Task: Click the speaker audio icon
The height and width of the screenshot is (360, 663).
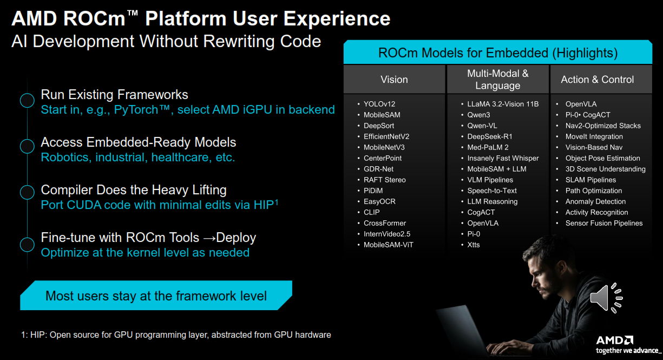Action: (606, 298)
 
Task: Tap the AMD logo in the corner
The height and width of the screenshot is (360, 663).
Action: (614, 340)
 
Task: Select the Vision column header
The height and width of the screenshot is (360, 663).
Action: (394, 80)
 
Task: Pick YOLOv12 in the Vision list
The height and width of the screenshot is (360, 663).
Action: (379, 104)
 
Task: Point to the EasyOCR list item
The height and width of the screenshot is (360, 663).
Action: (379, 201)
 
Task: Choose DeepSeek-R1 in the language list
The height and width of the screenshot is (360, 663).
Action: (490, 136)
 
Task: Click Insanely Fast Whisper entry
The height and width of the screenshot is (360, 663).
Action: (503, 158)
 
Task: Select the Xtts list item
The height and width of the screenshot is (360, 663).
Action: (473, 245)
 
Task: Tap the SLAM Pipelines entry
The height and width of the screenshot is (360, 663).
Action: (590, 180)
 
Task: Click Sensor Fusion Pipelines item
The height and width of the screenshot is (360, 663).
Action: (604, 223)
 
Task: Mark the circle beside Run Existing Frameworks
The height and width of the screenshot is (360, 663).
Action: (27, 100)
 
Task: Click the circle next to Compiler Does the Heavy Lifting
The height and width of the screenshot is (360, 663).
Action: (27, 192)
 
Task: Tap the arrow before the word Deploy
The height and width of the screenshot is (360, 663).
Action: (209, 238)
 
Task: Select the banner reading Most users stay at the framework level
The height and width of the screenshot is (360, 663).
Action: (156, 296)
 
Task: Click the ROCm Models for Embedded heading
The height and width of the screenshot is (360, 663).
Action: (498, 53)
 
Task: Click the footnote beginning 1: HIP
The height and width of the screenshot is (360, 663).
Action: (176, 335)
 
